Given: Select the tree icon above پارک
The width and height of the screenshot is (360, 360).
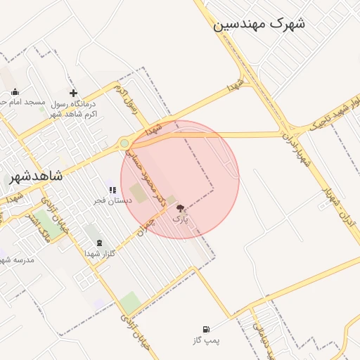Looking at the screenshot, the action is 180,208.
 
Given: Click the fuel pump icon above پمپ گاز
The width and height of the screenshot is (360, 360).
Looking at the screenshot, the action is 206,330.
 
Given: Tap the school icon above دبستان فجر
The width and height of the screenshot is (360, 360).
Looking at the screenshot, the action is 112,190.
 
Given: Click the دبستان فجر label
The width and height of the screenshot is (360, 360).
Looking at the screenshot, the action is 113,200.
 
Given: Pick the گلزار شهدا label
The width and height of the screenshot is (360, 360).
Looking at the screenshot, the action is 99,253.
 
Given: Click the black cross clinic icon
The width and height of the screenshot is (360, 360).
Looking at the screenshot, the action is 73,93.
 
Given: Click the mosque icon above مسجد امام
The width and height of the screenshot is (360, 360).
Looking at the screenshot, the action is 15,91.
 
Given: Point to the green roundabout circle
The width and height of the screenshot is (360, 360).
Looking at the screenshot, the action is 124,143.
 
